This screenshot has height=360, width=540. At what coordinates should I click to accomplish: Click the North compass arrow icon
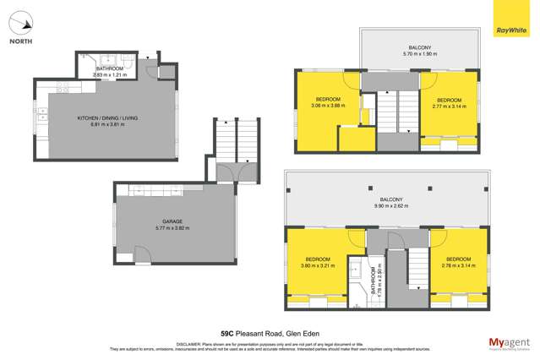click(x=23, y=23)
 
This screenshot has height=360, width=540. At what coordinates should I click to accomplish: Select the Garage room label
click(x=172, y=221)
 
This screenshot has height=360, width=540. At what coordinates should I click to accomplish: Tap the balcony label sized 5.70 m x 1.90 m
click(x=420, y=50)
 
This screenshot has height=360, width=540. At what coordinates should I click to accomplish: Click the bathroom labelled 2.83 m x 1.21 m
click(x=111, y=72)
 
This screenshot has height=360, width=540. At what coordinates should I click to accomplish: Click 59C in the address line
click(x=227, y=332)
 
